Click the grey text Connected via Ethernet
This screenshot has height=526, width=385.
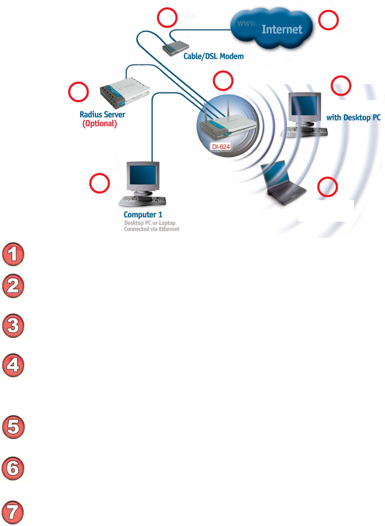(152, 229)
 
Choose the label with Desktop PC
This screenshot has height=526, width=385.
(353, 118)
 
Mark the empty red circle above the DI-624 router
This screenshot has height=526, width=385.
(224, 81)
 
